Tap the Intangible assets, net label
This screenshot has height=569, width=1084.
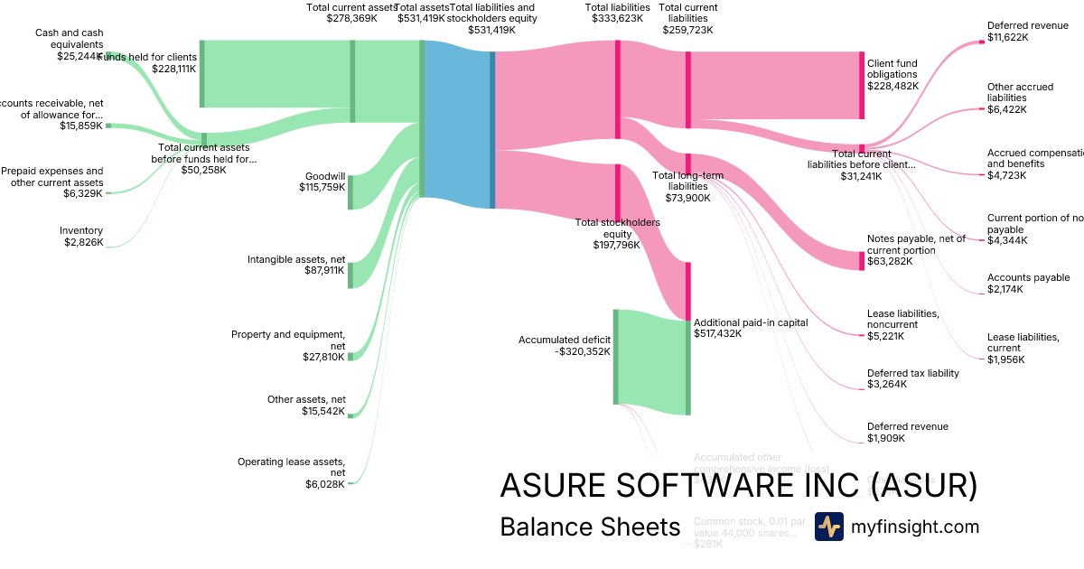(296, 265)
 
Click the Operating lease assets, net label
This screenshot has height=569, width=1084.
(291, 472)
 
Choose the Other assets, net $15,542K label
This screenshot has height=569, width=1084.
(306, 405)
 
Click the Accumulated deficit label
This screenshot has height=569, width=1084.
(565, 346)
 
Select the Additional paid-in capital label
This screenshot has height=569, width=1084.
(738, 327)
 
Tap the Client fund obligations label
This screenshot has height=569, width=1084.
(892, 74)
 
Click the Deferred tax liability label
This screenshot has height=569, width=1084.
(912, 378)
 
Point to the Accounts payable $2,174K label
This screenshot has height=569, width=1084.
(1028, 284)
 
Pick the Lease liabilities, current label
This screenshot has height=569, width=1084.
(1023, 348)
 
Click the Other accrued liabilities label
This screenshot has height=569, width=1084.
(1020, 98)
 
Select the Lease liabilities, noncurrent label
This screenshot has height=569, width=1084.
(903, 324)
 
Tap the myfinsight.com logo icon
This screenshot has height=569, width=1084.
(828, 527)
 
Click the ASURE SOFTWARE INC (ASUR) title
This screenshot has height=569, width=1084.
(738, 485)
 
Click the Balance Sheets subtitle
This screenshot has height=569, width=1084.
(589, 527)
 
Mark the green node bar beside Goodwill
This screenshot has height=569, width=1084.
(350, 192)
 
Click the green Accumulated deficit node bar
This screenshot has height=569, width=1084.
(615, 357)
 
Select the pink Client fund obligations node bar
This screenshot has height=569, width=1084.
(861, 85)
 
